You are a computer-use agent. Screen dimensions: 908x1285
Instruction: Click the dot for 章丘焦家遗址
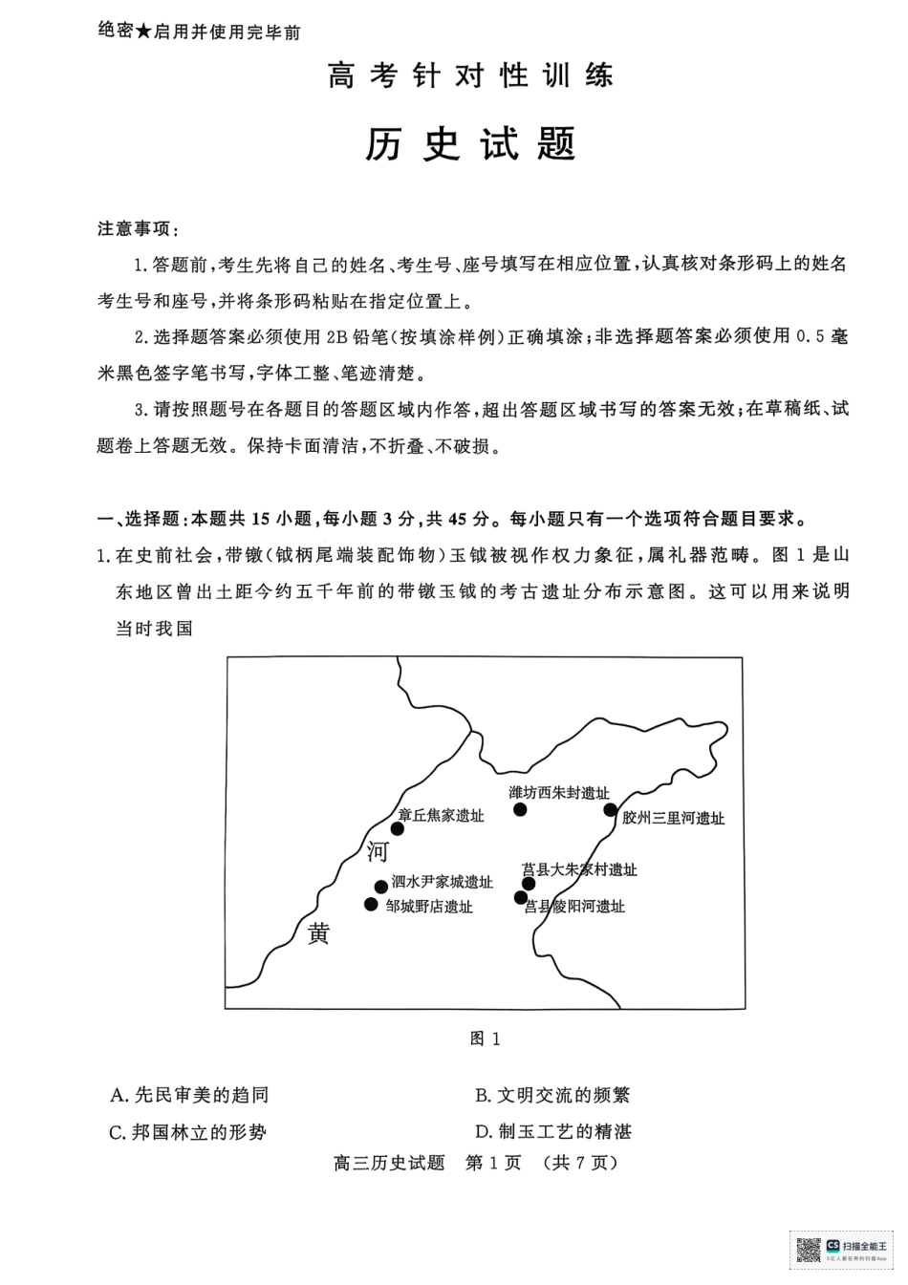point(398,828)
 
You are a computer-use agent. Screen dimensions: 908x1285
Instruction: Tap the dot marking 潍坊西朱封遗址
point(520,809)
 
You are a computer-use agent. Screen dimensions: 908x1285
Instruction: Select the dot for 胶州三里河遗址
point(610,810)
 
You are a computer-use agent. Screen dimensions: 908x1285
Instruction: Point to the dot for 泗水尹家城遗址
point(381,887)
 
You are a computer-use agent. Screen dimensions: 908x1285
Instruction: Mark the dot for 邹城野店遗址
point(371,905)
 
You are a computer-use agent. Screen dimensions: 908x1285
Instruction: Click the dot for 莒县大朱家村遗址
point(529,884)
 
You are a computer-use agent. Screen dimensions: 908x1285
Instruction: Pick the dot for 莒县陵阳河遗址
point(521,897)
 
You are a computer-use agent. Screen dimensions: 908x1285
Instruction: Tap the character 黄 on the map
point(318,933)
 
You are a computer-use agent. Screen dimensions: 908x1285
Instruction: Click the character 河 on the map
point(378,851)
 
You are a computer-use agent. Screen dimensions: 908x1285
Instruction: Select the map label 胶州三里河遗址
point(673,819)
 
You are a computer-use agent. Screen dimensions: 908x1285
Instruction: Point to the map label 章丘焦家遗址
point(441,815)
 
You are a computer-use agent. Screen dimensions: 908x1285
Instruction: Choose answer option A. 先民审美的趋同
point(189,1095)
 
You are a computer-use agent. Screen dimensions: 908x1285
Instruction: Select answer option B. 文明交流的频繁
point(552,1095)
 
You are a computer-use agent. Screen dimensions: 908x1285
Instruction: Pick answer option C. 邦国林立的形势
point(187,1132)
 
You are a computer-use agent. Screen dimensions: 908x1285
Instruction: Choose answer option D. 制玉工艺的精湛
point(553,1132)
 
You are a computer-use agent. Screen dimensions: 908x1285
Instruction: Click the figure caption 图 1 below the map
point(485,1039)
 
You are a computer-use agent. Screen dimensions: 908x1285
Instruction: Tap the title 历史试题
point(470,143)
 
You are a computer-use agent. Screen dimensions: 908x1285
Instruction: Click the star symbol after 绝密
point(143,32)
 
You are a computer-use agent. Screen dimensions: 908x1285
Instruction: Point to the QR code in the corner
point(809,1255)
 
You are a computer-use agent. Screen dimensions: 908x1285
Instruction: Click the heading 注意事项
point(139,229)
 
